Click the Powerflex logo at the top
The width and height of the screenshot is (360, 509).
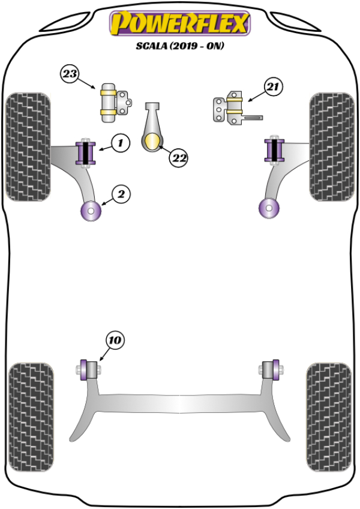coord(179,24)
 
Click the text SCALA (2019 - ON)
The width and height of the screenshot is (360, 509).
coord(179,46)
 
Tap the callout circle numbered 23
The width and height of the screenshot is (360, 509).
coord(70,74)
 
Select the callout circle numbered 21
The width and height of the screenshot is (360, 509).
coord(273,88)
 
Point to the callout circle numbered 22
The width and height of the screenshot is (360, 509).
coord(178,158)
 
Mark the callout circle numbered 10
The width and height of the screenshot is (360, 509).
coord(115,340)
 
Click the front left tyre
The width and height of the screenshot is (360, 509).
coord(28,146)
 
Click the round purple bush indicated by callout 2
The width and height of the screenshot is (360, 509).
coord(91,211)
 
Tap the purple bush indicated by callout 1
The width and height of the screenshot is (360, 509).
coord(88,152)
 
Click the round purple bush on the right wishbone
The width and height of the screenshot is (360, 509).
coord(267,209)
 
